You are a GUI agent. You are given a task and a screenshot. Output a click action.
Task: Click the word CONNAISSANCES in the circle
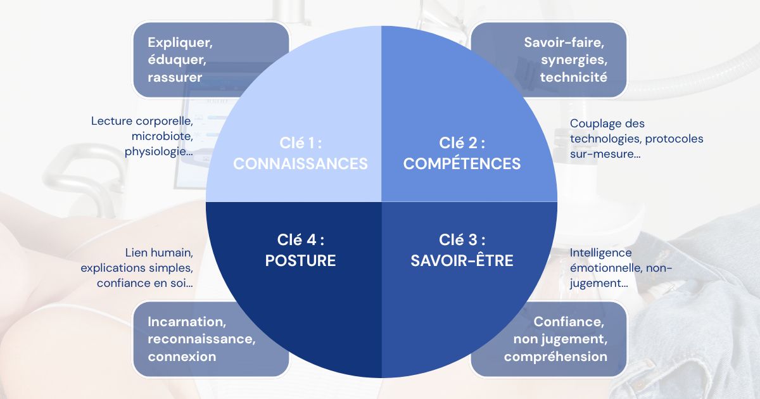[x=300, y=163]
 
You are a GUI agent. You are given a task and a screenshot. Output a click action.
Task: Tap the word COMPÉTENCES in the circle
[x=462, y=163]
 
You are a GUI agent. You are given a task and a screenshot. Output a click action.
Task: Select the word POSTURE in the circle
[x=300, y=260]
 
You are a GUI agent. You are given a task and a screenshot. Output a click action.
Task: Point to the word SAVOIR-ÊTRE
[x=462, y=260]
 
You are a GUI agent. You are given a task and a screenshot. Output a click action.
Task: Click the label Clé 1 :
[x=301, y=142]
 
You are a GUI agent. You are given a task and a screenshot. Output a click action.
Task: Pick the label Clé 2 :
[x=462, y=142]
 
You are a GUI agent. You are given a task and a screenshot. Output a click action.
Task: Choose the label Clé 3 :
[x=462, y=239]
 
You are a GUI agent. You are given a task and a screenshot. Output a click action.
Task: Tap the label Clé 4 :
[x=301, y=239]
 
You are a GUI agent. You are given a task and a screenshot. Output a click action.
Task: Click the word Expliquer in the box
[x=179, y=43]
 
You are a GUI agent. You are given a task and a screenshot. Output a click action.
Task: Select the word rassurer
[x=175, y=77]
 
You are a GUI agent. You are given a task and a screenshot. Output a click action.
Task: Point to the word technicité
[x=573, y=77]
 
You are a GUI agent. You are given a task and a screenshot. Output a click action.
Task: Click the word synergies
[x=573, y=60]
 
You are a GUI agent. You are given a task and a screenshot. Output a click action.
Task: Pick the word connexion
[x=182, y=356]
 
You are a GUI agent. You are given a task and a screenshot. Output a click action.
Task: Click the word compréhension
[x=555, y=356]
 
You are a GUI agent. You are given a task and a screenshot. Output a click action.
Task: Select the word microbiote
[x=162, y=136]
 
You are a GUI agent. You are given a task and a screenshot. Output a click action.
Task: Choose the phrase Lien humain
[x=159, y=252]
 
